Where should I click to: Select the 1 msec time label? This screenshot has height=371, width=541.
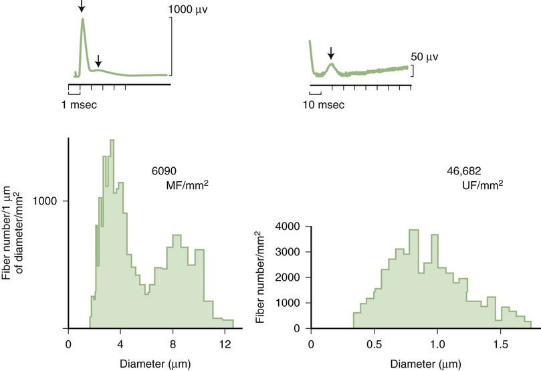[x=83, y=106]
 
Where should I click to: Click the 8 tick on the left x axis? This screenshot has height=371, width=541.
[x=173, y=344]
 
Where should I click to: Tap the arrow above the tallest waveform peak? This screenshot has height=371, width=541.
[x=82, y=7]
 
